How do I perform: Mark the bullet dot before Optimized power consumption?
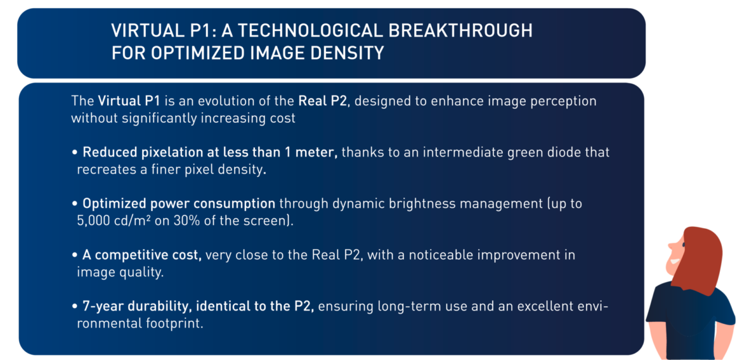(x=75, y=205)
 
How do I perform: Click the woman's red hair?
(x=697, y=258)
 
